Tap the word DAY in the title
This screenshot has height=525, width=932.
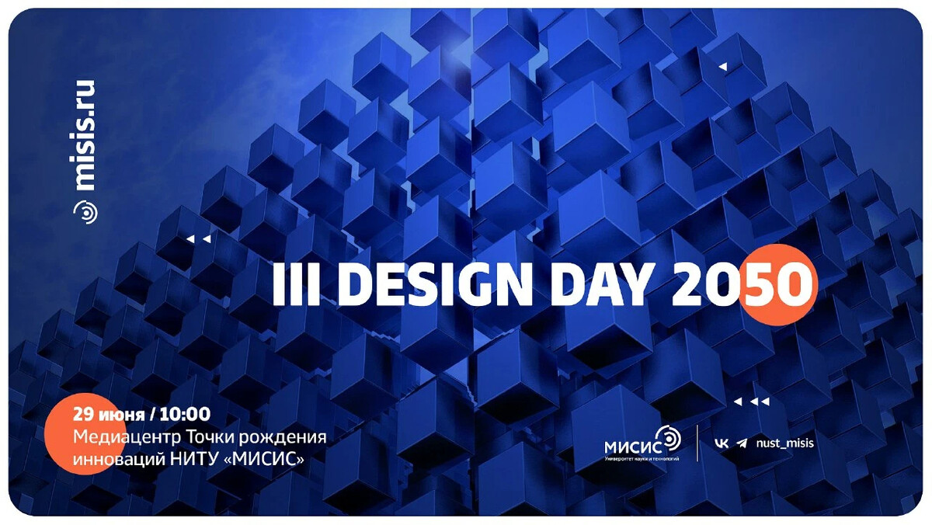pyautogui.click(x=599, y=287)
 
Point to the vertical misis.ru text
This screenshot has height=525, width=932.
pyautogui.click(x=85, y=134)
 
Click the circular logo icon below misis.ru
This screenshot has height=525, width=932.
pyautogui.click(x=85, y=210)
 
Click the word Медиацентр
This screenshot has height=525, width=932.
pyautogui.click(x=121, y=436)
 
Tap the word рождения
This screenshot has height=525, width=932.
pyautogui.click(x=287, y=436)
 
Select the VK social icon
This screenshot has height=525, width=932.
pyautogui.click(x=722, y=443)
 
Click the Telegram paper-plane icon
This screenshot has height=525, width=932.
pyautogui.click(x=742, y=443)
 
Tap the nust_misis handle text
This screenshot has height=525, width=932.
pyautogui.click(x=784, y=443)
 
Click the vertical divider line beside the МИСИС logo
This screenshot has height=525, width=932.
pyautogui.click(x=697, y=443)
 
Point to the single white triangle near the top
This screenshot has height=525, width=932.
pyautogui.click(x=722, y=68)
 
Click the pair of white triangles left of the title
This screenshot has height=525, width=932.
pyautogui.click(x=199, y=239)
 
